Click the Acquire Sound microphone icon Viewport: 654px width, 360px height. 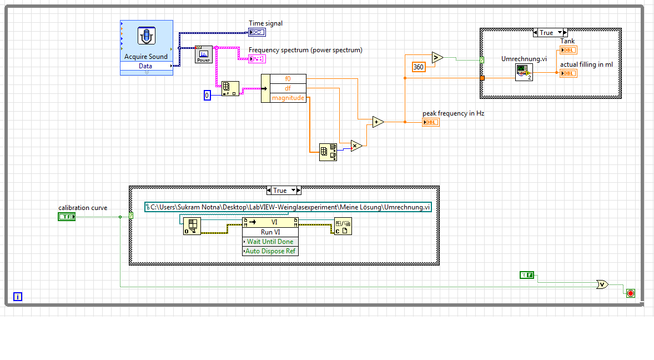[x=146, y=36]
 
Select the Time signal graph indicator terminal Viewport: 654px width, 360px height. [x=257, y=33]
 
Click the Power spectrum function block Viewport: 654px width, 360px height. [x=204, y=54]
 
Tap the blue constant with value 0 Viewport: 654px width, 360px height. [x=208, y=96]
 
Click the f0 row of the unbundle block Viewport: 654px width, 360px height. [x=288, y=78]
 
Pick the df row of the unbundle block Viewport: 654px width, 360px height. [x=288, y=88]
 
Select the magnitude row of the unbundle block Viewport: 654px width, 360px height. [x=288, y=98]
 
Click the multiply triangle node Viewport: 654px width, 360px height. [x=356, y=146]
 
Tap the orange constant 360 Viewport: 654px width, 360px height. [x=418, y=67]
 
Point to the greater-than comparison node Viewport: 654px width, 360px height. [x=436, y=57]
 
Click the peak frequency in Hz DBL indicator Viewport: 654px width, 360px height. [x=430, y=122]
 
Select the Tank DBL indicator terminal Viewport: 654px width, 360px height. [x=568, y=50]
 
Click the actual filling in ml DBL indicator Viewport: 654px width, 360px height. [x=568, y=73]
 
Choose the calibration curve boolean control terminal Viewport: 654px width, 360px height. [x=66, y=217]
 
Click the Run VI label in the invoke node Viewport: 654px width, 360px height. [x=270, y=232]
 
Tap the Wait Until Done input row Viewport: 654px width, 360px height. [x=270, y=242]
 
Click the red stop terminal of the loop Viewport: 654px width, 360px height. [x=630, y=293]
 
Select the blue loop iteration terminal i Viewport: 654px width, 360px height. [x=18, y=297]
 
